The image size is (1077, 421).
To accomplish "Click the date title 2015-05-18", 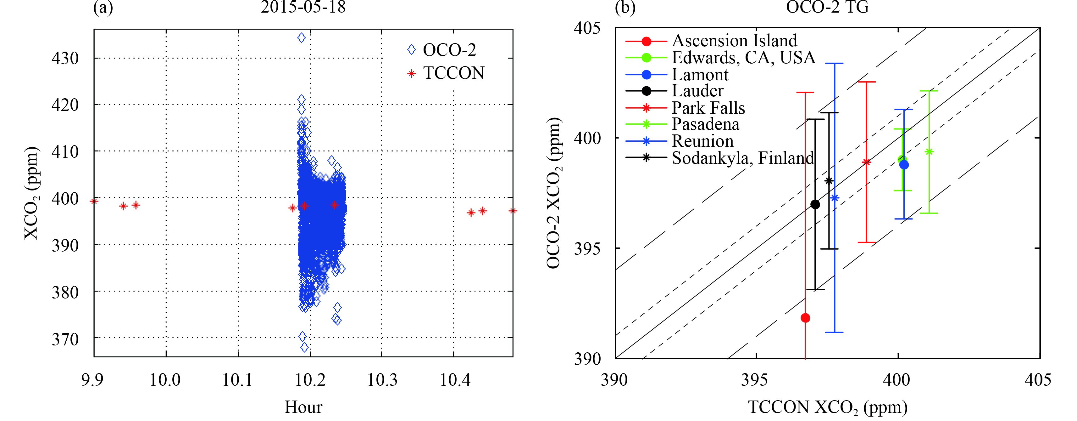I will coord(303,7).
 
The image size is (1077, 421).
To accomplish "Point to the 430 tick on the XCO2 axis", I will coord(65,58).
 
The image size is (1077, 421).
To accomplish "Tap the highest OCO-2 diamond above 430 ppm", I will coord(301,38).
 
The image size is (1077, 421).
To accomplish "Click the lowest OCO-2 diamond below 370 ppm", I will coord(304,347).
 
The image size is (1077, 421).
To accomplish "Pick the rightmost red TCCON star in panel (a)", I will coord(513,211).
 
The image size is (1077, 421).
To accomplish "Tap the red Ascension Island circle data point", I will coord(805,318).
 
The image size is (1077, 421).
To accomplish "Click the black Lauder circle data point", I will coord(815,204).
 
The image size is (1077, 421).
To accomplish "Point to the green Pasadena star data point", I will coord(929,152).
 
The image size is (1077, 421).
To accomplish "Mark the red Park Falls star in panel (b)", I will coord(866,162).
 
